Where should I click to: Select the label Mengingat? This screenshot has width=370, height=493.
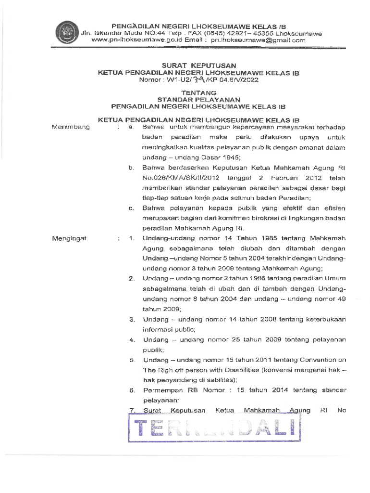pos(70,238)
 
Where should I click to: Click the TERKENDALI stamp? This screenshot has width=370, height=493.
pos(214,427)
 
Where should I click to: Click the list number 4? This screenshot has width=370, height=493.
pos(131,340)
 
